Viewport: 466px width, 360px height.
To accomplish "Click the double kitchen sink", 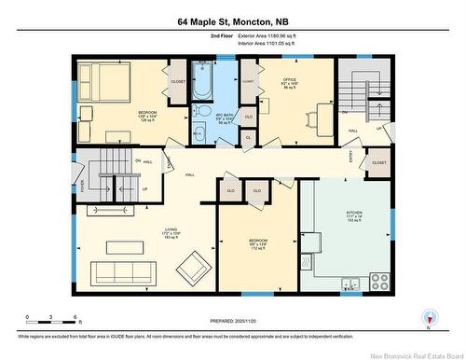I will click(349, 284).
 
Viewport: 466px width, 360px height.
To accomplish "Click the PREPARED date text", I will click(232, 321).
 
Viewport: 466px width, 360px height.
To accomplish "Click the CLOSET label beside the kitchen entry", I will click(377, 162).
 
